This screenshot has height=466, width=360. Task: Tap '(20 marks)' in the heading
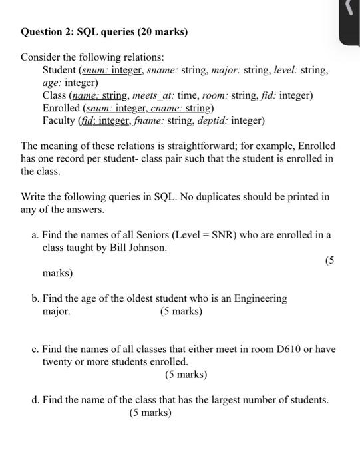coord(163,31)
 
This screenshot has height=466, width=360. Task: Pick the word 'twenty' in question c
coord(57,362)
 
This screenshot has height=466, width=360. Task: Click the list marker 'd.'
coord(35,400)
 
